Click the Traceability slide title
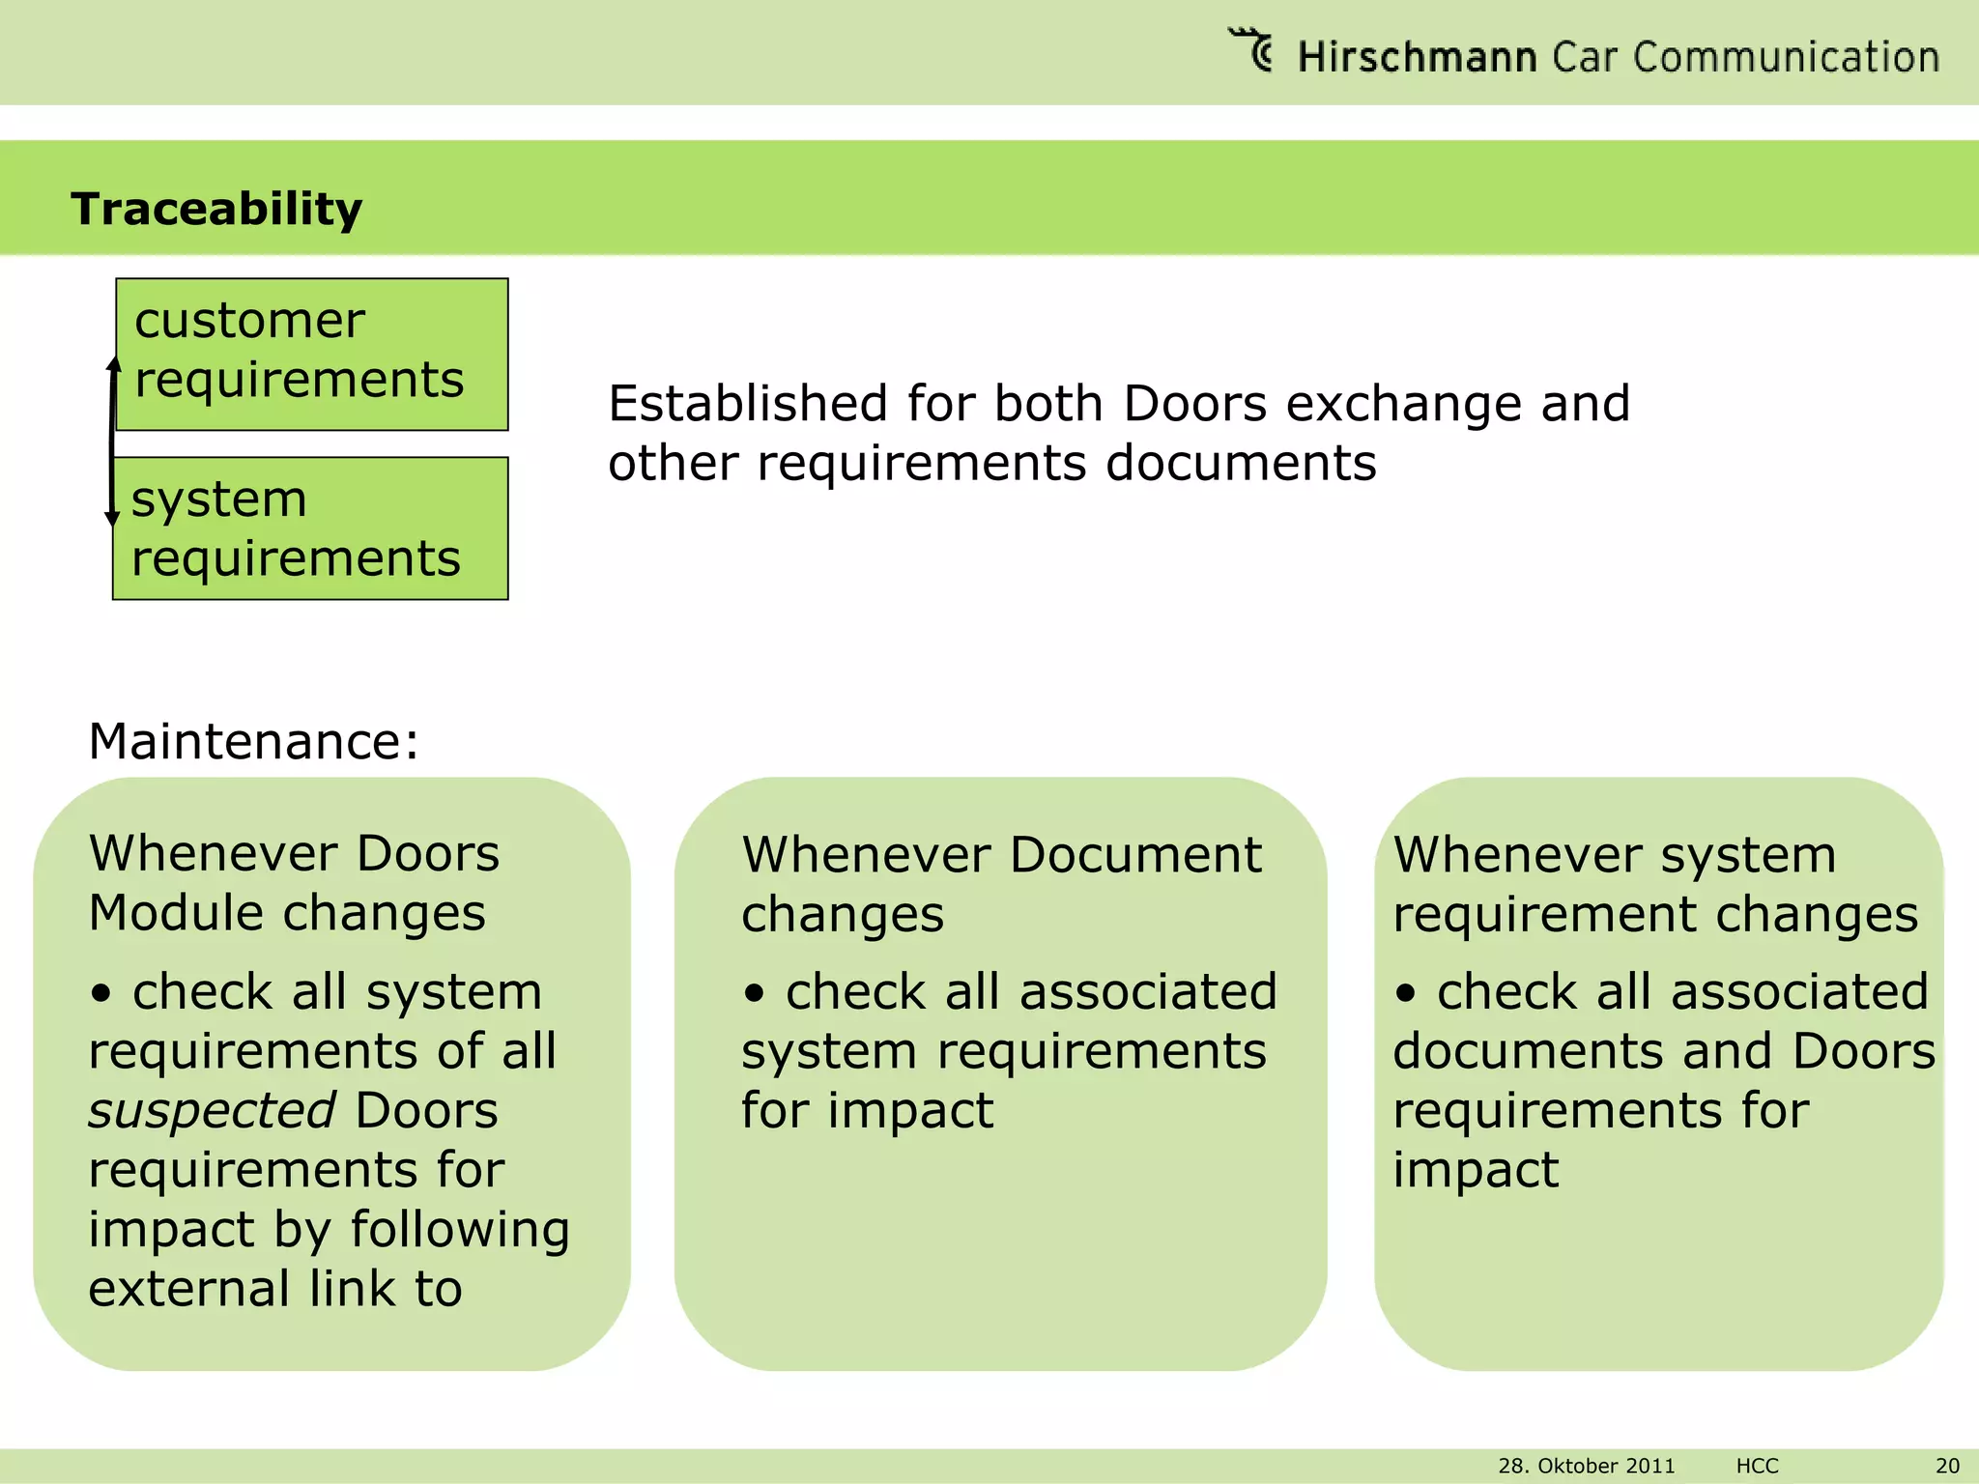click(216, 209)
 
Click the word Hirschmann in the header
click(1417, 57)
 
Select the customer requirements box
click(312, 354)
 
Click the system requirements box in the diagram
click(310, 528)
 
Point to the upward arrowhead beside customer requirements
click(114, 365)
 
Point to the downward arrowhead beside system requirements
click(112, 519)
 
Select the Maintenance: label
click(253, 741)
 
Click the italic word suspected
click(212, 1110)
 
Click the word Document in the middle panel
click(1135, 855)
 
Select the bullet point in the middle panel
click(755, 992)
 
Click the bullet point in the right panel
click(1406, 992)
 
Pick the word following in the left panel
click(460, 1229)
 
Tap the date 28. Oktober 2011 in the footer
click(1586, 1466)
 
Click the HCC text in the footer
click(1757, 1466)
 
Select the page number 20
click(1947, 1466)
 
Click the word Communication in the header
click(1787, 57)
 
